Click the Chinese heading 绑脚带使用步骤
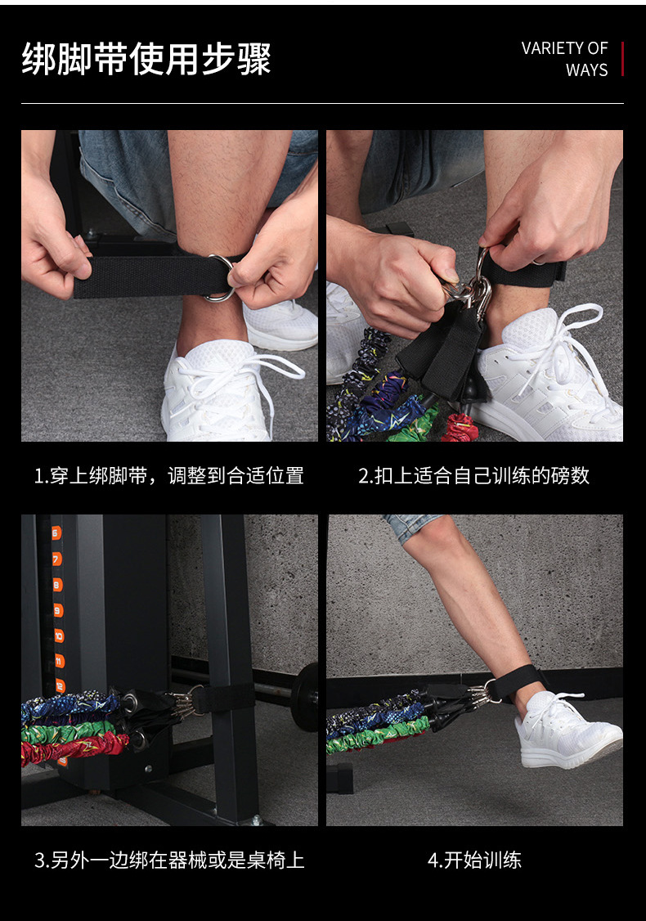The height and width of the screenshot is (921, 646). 146,60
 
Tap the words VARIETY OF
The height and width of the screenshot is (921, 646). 564,48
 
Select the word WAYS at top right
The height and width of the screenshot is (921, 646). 586,70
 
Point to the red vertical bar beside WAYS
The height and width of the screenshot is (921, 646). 622,59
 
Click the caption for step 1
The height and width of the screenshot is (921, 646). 169,475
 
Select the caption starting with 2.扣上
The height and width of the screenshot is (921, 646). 474,475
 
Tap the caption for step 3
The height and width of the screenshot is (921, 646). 169,860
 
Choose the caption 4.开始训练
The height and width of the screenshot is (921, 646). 474,860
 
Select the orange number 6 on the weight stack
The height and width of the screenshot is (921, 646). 56,533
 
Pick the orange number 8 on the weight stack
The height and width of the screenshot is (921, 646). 57,585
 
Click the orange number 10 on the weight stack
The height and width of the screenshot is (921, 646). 59,636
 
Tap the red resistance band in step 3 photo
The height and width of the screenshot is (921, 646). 74,749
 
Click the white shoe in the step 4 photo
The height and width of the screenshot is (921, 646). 567,730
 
